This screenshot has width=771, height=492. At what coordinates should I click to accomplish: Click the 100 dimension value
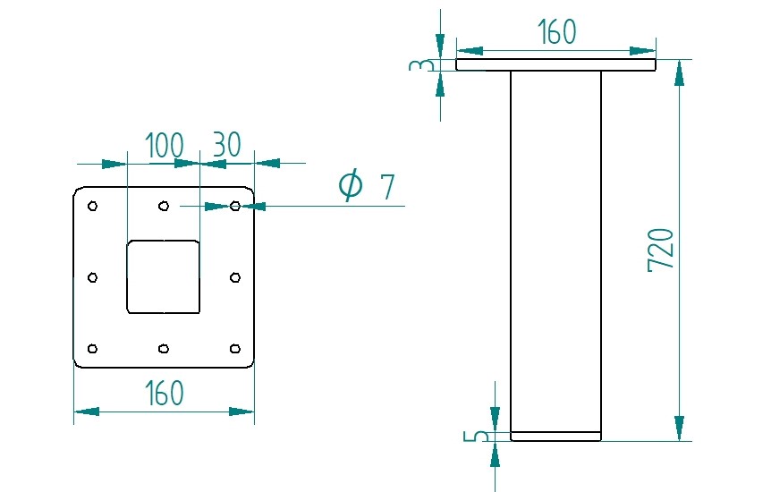(164, 145)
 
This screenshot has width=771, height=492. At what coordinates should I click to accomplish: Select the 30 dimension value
(226, 145)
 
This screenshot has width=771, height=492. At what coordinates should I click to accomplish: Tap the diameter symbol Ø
(351, 185)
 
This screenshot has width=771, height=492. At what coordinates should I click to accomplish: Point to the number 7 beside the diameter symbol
(386, 188)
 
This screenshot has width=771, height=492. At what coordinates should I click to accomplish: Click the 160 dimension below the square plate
(164, 393)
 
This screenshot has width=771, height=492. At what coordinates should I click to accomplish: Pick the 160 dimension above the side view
(556, 32)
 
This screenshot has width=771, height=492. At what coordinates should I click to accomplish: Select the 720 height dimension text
(660, 250)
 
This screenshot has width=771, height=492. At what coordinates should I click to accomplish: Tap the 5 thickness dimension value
(480, 437)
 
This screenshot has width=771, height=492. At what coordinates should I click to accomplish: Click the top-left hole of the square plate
(92, 207)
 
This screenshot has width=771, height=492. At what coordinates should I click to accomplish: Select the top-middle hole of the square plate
(163, 207)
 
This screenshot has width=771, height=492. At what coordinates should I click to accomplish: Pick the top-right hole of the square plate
(234, 207)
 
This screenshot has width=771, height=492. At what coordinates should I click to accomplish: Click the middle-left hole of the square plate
(92, 277)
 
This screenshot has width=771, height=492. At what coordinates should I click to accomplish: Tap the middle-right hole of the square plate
(234, 277)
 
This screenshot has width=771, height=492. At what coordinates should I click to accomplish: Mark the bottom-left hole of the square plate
(92, 348)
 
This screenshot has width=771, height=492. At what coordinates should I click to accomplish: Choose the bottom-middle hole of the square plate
(163, 348)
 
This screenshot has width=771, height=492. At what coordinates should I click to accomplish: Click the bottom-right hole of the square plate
(234, 348)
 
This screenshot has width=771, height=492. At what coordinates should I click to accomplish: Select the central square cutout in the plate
(163, 277)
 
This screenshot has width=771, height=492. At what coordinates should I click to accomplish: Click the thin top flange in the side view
(555, 65)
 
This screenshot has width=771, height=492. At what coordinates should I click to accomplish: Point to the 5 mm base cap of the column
(555, 437)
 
